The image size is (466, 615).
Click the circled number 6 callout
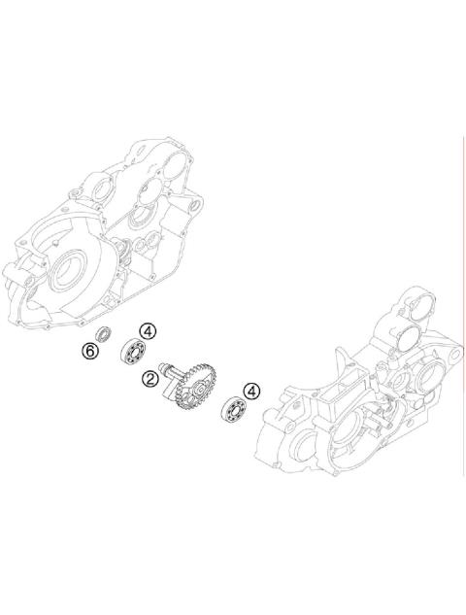click(x=90, y=351)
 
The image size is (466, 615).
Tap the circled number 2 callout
click(x=150, y=377)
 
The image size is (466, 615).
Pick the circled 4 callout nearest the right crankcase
click(x=251, y=391)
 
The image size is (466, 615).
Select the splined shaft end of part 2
click(x=171, y=366)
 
